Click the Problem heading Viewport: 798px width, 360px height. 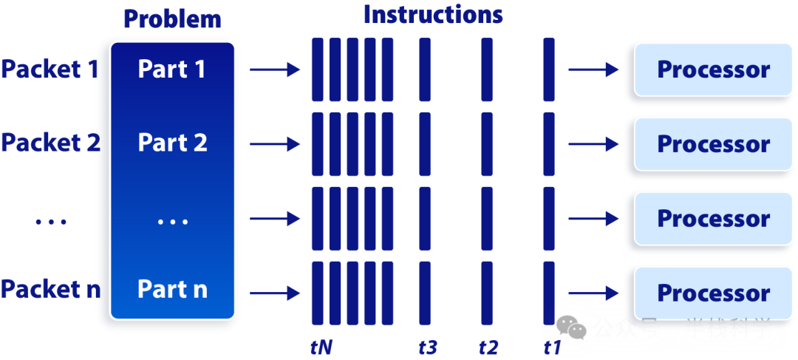pos(172,18)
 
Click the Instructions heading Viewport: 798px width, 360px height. pos(433,15)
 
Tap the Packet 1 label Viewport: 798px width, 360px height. pos(50,69)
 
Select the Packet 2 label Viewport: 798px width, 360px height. pos(50,143)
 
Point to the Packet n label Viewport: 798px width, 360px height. pos(50,289)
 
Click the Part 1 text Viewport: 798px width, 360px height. pos(172,69)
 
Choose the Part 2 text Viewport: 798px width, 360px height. pos(172,143)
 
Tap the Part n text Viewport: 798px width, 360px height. pos(172,289)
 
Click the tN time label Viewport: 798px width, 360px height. pos(322,346)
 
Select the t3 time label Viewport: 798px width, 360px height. pos(428,346)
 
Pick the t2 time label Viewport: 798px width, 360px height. pos(488,346)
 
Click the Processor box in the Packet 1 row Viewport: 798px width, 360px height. pos(713,69)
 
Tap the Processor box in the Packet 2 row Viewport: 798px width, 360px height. pos(713,143)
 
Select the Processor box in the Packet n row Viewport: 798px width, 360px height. pos(713,293)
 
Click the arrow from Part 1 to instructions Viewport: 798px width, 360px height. pos(274,70)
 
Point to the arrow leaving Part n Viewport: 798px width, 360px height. pos(274,293)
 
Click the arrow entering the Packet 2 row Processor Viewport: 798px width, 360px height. pos(593,144)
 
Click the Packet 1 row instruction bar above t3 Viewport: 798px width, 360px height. pos(424,69)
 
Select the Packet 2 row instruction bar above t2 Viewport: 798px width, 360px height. pos(487,144)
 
